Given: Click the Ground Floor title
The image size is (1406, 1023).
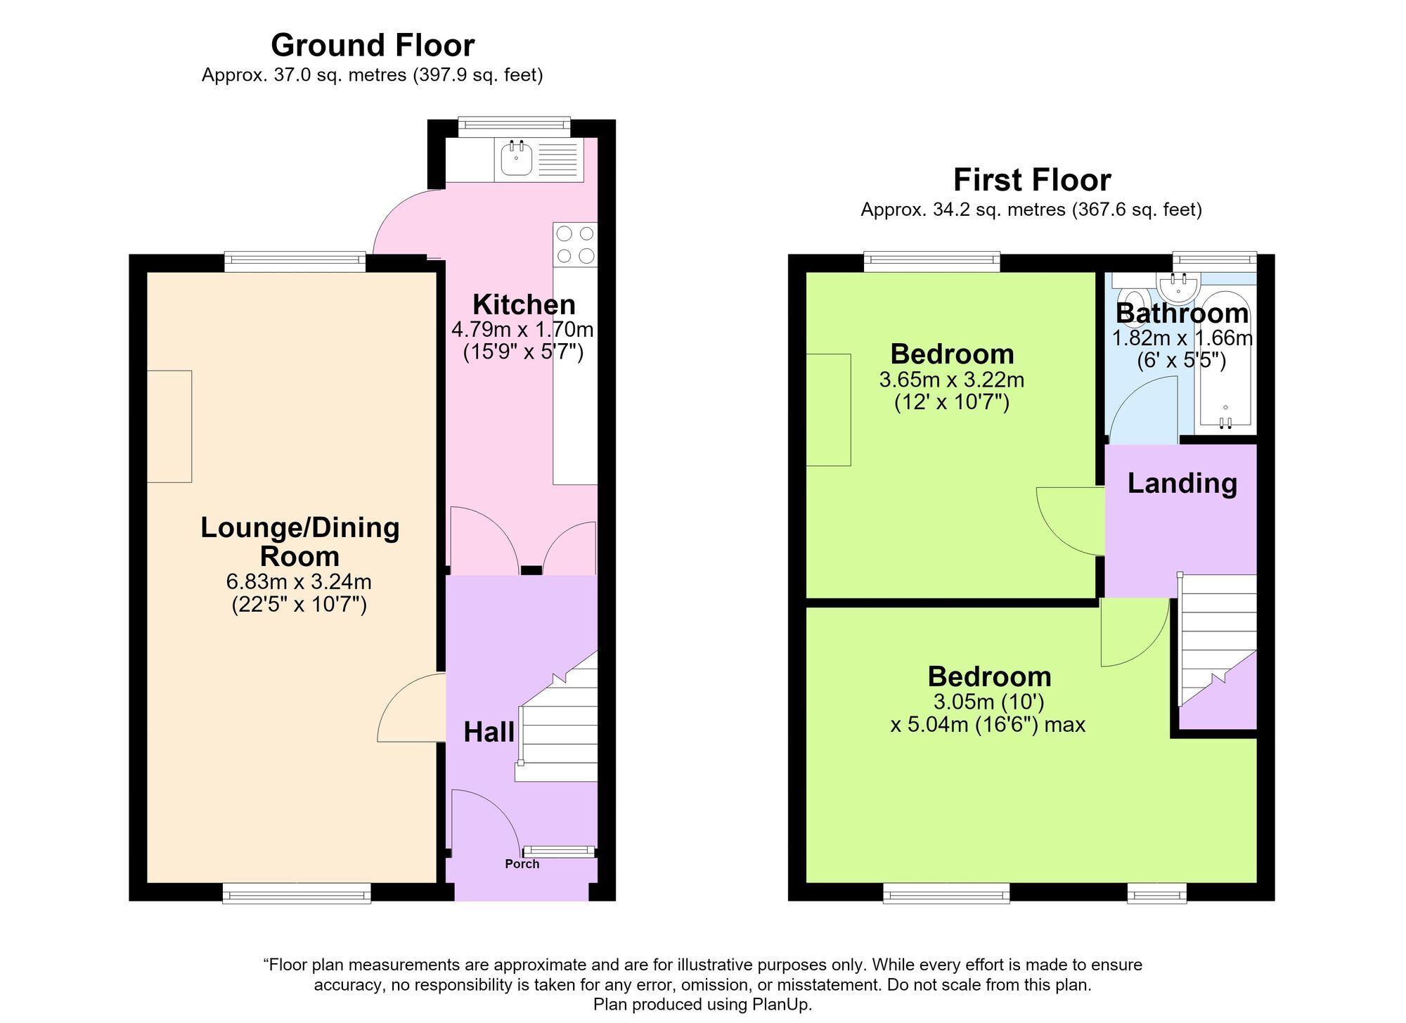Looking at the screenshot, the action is (373, 45).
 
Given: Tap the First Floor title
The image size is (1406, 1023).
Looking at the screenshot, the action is (1031, 180).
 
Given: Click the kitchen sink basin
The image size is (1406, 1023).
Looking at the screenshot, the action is (516, 159).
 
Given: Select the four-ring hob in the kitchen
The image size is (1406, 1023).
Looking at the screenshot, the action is (575, 245).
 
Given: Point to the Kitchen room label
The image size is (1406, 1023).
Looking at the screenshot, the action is (524, 304).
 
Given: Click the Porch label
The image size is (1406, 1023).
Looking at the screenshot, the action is (522, 864).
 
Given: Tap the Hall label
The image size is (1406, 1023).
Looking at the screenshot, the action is (489, 733).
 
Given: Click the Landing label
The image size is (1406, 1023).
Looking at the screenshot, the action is (1182, 484).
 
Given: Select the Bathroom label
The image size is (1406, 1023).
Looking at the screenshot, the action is (1182, 313).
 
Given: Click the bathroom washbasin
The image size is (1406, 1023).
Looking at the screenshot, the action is (1177, 287).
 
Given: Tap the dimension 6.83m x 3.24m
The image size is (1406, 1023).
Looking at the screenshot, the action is (299, 582).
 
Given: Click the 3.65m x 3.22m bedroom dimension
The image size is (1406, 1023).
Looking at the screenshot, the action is (952, 380).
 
